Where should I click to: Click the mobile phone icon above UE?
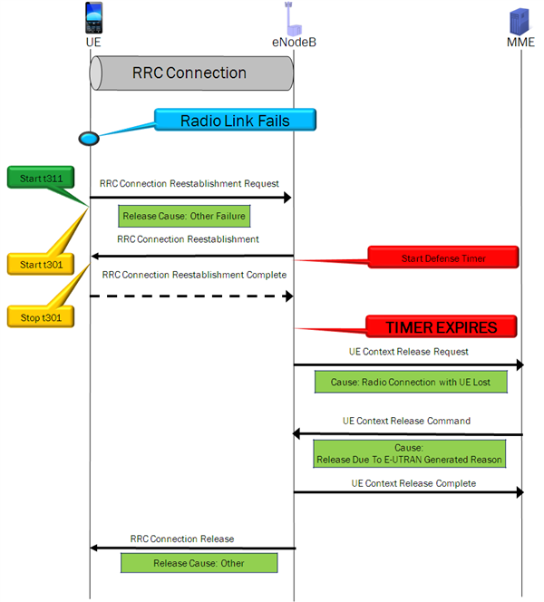click(92, 18)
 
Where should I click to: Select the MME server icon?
click(521, 18)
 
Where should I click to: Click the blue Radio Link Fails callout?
click(234, 120)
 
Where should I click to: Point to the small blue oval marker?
click(89, 138)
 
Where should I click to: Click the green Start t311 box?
click(42, 179)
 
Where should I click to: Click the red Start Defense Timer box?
click(442, 258)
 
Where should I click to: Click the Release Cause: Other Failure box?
click(184, 216)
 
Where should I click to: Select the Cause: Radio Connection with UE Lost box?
click(410, 382)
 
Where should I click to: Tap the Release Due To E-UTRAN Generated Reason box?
click(408, 453)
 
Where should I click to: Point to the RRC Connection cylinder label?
click(189, 73)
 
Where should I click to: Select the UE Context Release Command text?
click(406, 421)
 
